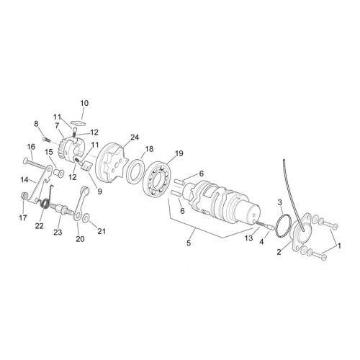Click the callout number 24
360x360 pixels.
coord(135,138)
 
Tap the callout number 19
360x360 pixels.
coord(179,153)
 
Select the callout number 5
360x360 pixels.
coord(189,243)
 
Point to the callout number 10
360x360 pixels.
coord(84,103)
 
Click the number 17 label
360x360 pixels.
coord(23,217)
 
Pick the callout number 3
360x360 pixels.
coord(279,202)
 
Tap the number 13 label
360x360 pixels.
coord(248,238)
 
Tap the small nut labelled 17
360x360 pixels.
coord(24,196)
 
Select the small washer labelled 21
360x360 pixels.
coord(86,219)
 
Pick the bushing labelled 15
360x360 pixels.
coord(59,173)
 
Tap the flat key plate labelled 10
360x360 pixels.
coord(78,122)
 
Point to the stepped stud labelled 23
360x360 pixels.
coord(62,209)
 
